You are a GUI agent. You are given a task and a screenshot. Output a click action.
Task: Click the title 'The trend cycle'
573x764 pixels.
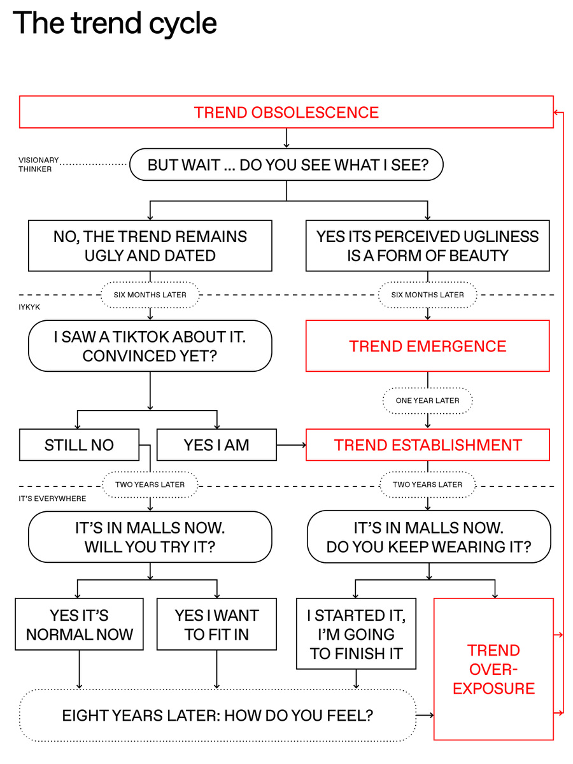click(115, 24)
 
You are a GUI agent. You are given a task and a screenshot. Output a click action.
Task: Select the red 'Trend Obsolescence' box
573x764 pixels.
click(286, 112)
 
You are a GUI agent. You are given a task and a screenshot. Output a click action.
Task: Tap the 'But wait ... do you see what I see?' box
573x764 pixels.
click(286, 166)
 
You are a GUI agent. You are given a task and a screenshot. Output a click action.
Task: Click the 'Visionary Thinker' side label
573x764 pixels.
click(39, 164)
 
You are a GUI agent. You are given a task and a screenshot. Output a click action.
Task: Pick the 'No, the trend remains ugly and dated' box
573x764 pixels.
click(150, 246)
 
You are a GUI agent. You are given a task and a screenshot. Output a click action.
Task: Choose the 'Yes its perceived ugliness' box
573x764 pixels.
click(427, 246)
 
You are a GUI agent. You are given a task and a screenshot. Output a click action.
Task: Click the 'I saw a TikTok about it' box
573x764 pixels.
click(150, 346)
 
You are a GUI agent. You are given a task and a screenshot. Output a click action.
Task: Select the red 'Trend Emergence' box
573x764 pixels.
click(427, 346)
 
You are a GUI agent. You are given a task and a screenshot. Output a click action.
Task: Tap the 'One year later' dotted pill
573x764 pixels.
click(427, 400)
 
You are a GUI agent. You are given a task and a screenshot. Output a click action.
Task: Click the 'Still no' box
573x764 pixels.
click(79, 445)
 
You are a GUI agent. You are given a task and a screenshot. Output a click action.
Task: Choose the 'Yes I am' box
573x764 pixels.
click(216, 445)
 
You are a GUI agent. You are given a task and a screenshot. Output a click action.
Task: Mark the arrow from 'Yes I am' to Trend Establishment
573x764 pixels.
click(292, 445)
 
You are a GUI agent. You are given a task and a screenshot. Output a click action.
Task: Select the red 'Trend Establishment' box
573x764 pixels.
click(427, 445)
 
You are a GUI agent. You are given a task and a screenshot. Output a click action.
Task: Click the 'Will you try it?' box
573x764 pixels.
click(150, 537)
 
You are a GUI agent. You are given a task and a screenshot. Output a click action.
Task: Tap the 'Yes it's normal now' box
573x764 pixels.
click(79, 625)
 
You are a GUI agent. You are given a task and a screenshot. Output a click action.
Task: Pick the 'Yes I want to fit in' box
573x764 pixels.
click(216, 625)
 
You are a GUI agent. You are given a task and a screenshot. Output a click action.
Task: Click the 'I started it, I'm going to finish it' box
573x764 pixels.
click(356, 634)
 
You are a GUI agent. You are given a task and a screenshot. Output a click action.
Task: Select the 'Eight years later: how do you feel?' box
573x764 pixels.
click(217, 715)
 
